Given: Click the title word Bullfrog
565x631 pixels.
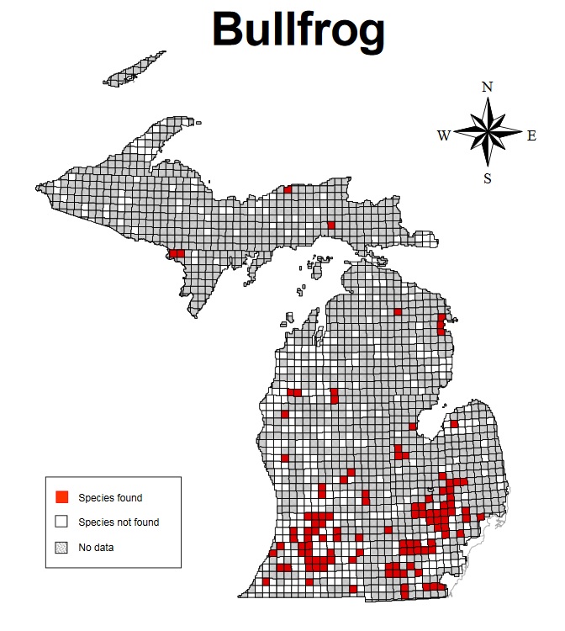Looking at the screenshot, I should click(298, 31).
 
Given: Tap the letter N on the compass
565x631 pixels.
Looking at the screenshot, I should click(487, 87).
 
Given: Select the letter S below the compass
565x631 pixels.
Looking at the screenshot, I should click(487, 178).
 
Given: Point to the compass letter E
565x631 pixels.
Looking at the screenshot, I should click(531, 135).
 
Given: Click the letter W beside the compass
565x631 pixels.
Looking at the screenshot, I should click(444, 135).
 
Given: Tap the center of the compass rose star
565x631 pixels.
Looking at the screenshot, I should click(488, 133).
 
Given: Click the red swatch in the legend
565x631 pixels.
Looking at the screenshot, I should click(61, 498).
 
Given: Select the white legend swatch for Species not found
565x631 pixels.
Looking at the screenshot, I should click(61, 522).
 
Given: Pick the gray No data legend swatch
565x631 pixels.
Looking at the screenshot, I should click(61, 548).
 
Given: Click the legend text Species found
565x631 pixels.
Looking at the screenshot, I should click(110, 498).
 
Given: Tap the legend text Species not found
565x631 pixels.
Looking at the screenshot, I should click(119, 522).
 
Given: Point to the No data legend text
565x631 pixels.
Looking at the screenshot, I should click(96, 548).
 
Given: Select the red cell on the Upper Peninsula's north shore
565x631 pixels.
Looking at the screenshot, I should click(288, 190).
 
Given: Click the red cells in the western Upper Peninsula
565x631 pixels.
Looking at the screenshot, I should click(177, 252).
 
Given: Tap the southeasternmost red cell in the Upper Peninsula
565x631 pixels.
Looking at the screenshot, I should click(331, 225).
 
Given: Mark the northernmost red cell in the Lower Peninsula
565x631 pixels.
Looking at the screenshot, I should click(398, 311).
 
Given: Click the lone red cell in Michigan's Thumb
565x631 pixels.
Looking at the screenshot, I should click(455, 425).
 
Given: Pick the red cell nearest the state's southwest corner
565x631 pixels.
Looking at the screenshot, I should click(266, 581).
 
